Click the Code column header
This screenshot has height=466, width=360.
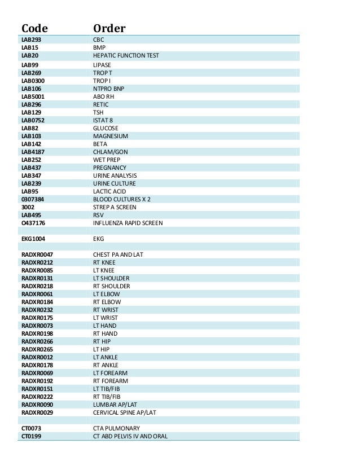(34, 28)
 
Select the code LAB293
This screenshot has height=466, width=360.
(31, 40)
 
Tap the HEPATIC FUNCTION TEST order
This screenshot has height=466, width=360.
(126, 56)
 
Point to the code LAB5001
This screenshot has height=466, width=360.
(33, 96)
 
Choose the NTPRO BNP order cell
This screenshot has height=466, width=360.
(109, 89)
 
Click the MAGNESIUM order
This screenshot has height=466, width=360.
(111, 137)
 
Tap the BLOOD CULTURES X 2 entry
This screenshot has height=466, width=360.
(121, 200)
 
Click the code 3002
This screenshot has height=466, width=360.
(28, 208)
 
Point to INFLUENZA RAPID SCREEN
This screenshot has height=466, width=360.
(128, 223)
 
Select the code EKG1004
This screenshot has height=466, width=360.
(33, 239)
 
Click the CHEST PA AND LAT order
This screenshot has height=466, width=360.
(118, 255)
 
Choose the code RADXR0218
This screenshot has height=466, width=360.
(37, 287)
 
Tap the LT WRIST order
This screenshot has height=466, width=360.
(107, 318)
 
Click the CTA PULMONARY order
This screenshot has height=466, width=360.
(116, 429)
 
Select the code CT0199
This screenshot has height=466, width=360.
(30, 437)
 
